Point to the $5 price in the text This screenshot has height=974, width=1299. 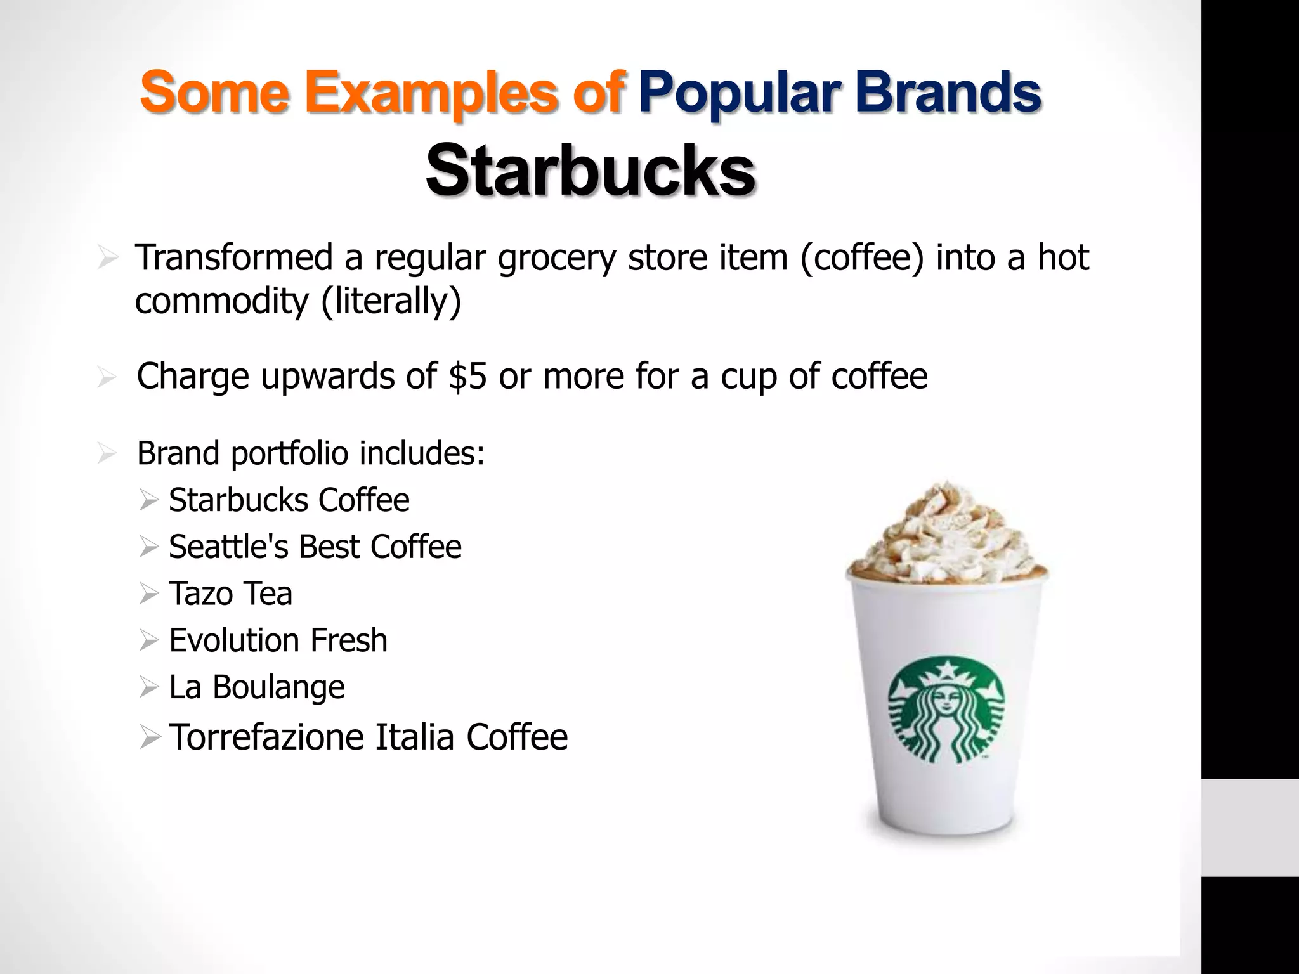[467, 376]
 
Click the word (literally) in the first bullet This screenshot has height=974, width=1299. [391, 301]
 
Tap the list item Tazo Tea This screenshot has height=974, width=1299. [230, 594]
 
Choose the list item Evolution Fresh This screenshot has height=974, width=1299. [278, 640]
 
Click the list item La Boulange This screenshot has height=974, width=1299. [256, 687]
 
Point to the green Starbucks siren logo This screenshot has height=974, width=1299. [946, 713]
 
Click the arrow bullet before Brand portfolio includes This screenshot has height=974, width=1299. [107, 454]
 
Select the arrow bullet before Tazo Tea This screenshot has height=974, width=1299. [148, 594]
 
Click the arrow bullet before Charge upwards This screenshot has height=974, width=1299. [107, 377]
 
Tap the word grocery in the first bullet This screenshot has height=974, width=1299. [557, 259]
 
